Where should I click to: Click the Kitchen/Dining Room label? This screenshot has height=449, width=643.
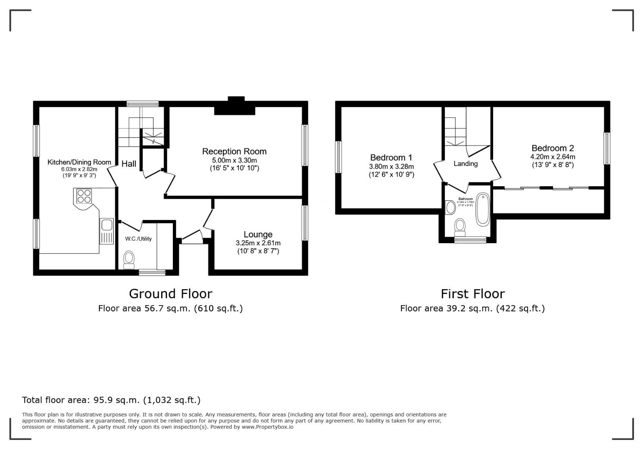79,162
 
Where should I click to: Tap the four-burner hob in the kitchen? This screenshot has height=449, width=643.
84,196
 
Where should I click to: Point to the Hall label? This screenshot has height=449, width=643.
129,164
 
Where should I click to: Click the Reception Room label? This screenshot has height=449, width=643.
234,151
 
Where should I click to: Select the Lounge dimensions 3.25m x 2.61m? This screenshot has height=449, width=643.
258,243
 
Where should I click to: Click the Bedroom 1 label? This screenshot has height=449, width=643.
391,158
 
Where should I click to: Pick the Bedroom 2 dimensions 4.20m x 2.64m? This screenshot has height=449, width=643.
552,157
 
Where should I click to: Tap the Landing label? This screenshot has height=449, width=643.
465,164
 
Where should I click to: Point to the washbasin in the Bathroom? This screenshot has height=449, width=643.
450,207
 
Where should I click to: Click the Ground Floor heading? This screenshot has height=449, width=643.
170,294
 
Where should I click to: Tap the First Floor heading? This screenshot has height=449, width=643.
473,294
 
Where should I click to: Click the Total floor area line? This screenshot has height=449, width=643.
111,400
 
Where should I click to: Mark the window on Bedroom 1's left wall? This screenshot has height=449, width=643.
338,157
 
